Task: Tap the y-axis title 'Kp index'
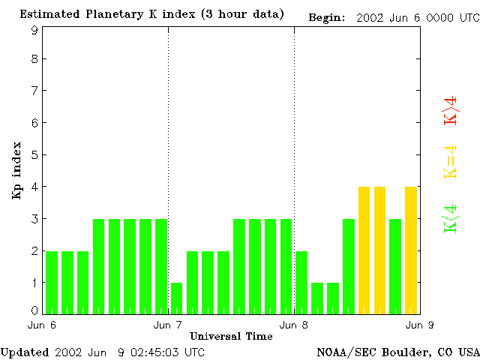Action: (16, 170)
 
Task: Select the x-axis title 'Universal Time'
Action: (231, 335)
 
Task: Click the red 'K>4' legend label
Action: (450, 110)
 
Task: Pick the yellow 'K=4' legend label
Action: (450, 161)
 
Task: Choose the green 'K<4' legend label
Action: (450, 219)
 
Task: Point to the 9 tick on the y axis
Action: (34, 30)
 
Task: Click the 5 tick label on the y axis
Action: (34, 155)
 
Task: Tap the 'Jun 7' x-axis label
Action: (168, 325)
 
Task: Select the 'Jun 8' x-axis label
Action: (294, 325)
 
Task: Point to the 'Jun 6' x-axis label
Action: (42, 325)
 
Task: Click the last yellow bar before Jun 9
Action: (411, 250)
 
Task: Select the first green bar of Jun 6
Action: (52, 282)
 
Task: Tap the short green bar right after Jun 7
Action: (176, 298)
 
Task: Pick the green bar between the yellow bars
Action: (395, 265)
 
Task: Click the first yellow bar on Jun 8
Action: (364, 250)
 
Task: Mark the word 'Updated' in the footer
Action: (24, 351)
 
